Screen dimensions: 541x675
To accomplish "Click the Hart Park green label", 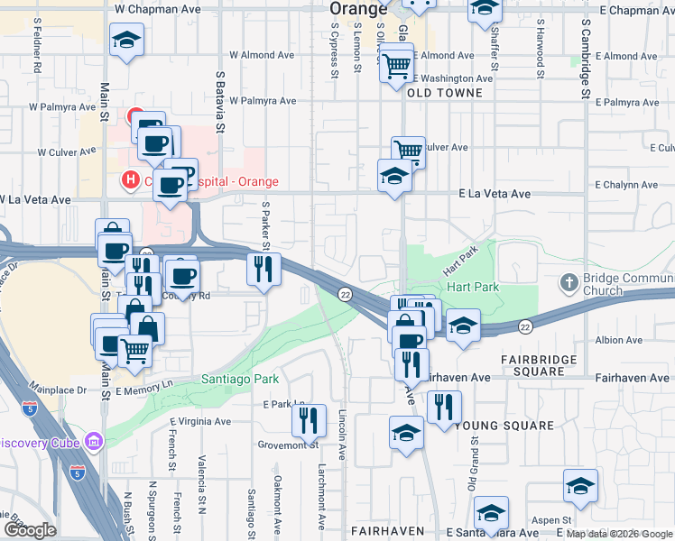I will click(472, 287).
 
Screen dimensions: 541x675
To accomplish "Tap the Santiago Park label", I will click(239, 380).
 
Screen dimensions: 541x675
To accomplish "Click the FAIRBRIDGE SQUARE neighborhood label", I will click(546, 365).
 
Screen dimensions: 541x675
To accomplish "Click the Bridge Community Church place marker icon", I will click(569, 283).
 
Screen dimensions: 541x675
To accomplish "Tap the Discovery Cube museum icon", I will click(93, 442).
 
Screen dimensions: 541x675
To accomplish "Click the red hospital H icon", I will click(131, 179).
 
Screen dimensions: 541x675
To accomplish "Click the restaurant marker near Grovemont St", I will click(309, 420).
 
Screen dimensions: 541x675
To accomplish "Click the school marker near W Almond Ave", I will click(126, 40).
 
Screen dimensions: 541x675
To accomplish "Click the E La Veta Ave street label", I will click(495, 194).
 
